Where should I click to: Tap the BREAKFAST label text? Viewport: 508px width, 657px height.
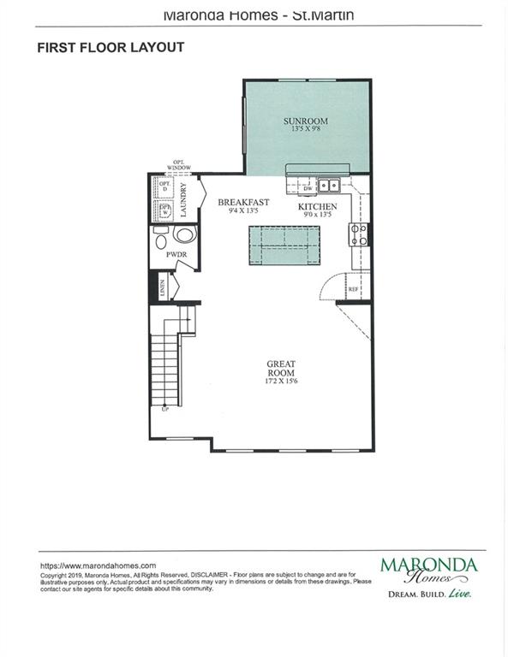(243, 203)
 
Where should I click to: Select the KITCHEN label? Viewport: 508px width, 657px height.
(317, 207)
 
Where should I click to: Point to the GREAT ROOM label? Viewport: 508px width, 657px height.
(280, 367)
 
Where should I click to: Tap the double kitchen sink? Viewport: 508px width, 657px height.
(329, 185)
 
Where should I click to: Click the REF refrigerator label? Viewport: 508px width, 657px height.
(353, 290)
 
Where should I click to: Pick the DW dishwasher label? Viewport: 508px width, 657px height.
(307, 189)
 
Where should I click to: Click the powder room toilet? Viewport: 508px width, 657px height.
(183, 234)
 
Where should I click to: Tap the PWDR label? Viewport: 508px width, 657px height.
(164, 254)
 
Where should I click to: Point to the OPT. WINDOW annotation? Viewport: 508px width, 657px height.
(181, 164)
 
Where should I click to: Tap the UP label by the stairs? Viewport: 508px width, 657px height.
(164, 410)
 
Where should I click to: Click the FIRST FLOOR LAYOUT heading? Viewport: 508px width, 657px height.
(111, 48)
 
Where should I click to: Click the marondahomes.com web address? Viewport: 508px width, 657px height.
(99, 565)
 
